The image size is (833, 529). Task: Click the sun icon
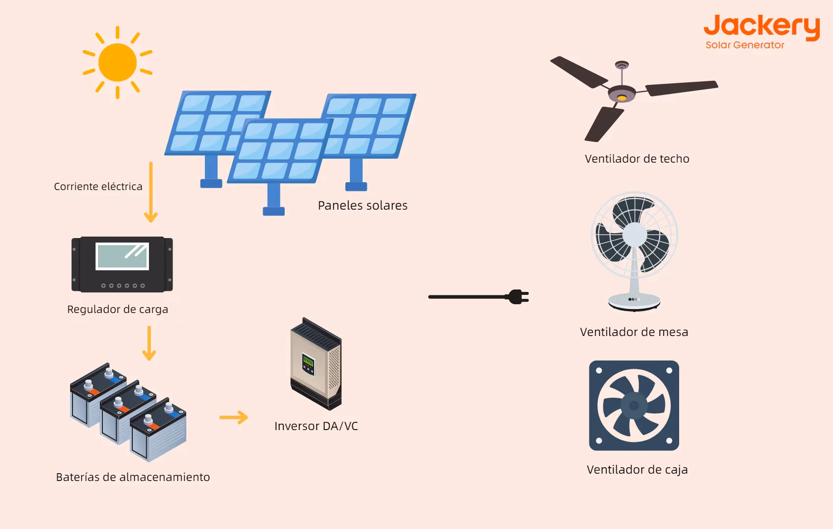click(118, 62)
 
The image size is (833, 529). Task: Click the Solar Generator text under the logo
click(745, 45)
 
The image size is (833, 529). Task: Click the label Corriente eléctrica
click(98, 187)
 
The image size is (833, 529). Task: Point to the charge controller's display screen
click(122, 256)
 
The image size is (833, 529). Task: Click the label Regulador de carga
click(118, 310)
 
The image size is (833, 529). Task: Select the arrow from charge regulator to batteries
click(149, 343)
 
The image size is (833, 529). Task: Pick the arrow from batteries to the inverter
click(233, 417)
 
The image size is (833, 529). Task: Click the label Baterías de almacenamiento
click(133, 477)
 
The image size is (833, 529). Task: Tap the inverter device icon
click(316, 364)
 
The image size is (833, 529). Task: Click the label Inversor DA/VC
click(316, 426)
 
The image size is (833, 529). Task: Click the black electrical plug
click(517, 297)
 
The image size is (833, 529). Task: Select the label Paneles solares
click(363, 206)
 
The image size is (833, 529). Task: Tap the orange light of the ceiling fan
click(621, 98)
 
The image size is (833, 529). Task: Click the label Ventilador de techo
click(637, 159)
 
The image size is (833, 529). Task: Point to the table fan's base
click(635, 301)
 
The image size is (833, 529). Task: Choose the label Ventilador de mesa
click(634, 332)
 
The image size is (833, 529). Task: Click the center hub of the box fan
click(634, 406)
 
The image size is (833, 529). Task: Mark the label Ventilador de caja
click(637, 470)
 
